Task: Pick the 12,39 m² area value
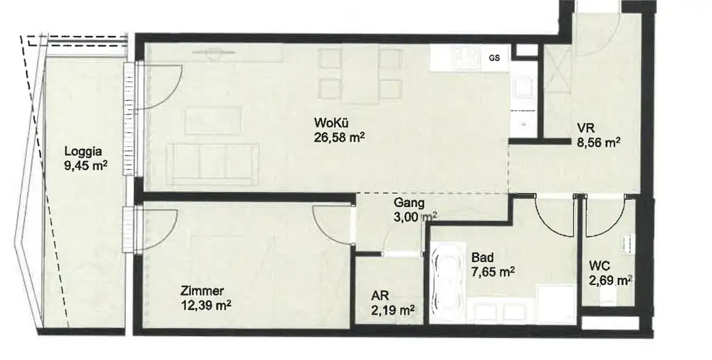(x=204, y=305)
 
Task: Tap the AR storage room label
(x=380, y=295)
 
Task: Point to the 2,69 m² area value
(x=609, y=280)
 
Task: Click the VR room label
(x=583, y=129)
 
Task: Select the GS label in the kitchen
(x=494, y=58)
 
